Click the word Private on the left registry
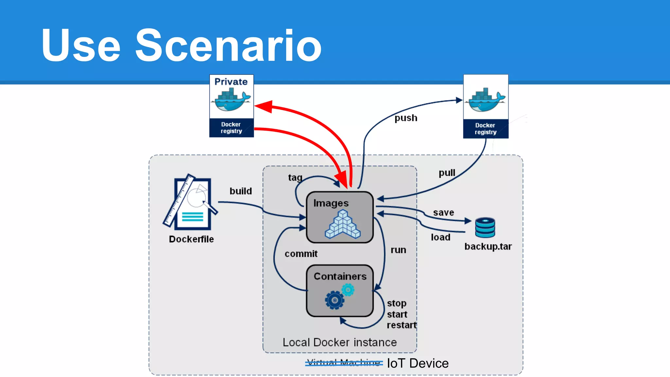coord(231,82)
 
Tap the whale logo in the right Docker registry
coord(486,99)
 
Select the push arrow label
coord(406,118)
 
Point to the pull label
coord(447,173)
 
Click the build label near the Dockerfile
coord(241,191)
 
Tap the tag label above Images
coord(295,177)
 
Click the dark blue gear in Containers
coord(334,300)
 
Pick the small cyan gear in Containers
coord(348,290)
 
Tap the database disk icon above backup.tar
coord(485,227)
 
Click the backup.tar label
coord(488,246)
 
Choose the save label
coord(443,213)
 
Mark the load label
coord(440,237)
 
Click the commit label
coord(301,254)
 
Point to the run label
coord(398,250)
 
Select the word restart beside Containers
coord(401,325)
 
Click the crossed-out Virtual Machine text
coord(344,363)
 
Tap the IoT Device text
coord(418,363)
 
